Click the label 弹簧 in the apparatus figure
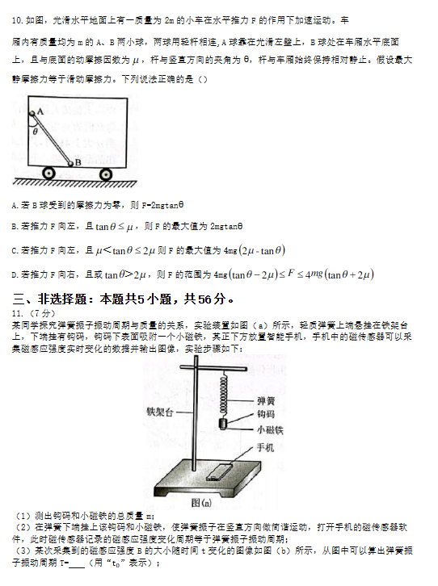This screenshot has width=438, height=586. coord(265,400)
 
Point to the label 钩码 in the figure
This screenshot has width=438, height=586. coord(265,415)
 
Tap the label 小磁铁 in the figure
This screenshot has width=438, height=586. coord(269,430)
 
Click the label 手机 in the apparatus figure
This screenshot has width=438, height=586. coord(265,446)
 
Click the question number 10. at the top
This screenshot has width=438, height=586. coord(19,17)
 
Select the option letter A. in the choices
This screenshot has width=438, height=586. coord(16,207)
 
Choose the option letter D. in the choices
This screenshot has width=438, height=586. coord(16,275)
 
